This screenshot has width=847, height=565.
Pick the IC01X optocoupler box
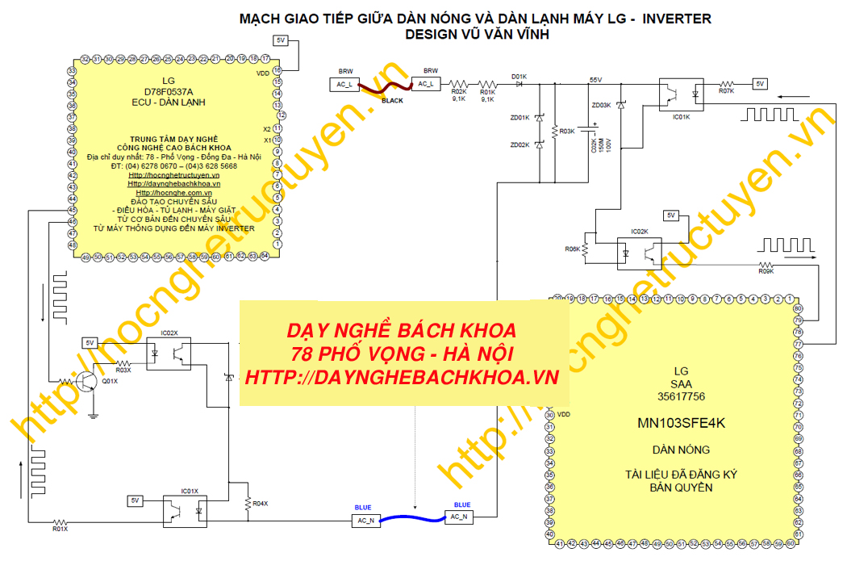point(187,508)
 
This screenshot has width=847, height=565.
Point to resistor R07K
point(725,83)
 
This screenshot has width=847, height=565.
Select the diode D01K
point(518,83)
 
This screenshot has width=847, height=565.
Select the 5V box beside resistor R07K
point(759,83)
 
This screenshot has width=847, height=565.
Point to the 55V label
point(595,79)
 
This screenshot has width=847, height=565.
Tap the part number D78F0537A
point(168,92)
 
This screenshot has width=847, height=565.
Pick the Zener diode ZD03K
point(620,106)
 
